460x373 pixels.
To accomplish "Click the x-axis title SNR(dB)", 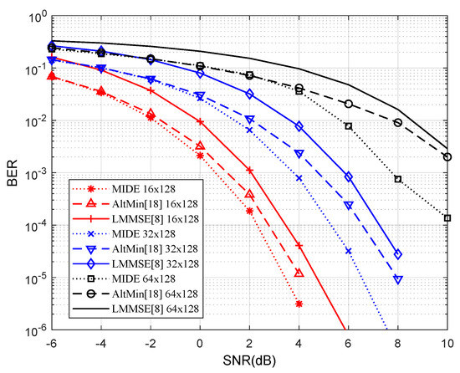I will [250, 361].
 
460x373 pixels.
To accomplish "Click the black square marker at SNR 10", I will [447, 218].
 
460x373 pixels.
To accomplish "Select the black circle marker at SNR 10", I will [447, 156].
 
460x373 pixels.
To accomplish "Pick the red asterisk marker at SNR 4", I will [299, 304].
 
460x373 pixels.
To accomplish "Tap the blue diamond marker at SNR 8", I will [398, 254].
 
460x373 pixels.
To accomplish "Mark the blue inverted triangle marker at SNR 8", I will [398, 279].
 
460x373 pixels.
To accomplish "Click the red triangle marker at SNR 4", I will [299, 273].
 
